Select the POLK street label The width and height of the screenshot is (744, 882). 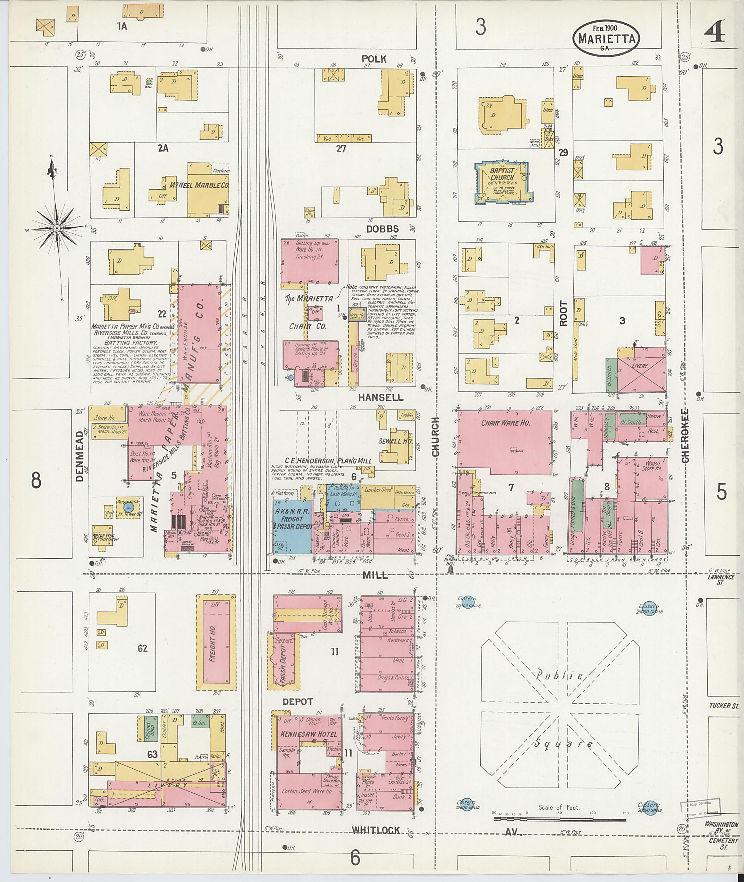(x=374, y=59)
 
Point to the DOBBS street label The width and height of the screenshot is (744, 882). (x=382, y=229)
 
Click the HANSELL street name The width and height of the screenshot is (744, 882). (x=380, y=397)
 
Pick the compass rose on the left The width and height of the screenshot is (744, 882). (x=56, y=228)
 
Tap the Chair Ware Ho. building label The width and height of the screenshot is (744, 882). (x=505, y=423)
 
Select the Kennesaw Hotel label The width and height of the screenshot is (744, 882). (x=309, y=734)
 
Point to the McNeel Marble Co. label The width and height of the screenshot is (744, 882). (x=199, y=185)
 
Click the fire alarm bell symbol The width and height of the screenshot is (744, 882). (x=451, y=570)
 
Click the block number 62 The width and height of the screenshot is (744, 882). (x=142, y=648)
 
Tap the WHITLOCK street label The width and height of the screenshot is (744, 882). (x=376, y=830)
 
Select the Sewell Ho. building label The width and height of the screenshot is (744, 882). (x=395, y=441)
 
